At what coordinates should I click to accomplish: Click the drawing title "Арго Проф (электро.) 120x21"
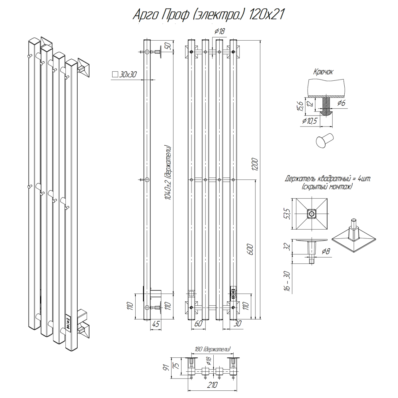tap(209, 15)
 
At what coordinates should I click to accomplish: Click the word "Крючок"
tap(323, 72)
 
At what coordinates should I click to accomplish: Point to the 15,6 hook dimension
tap(301, 106)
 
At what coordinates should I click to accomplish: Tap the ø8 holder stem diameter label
tap(326, 251)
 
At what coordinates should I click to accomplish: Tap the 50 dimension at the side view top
tap(168, 45)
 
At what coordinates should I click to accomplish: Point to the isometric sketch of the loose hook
tap(324, 140)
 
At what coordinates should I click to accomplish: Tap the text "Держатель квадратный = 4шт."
tap(328, 179)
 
